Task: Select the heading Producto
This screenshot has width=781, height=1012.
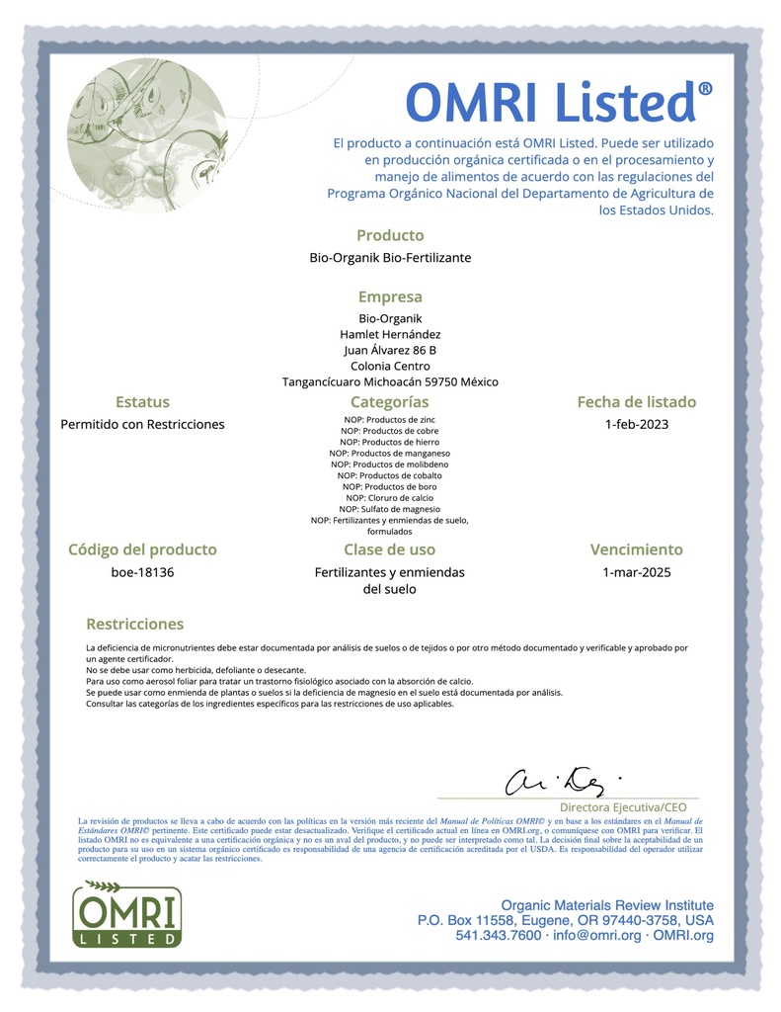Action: click(x=390, y=235)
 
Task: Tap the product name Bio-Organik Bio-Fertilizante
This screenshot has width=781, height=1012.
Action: click(x=390, y=258)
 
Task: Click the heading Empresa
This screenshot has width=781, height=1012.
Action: click(x=390, y=296)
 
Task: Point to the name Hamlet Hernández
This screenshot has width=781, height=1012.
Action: click(x=390, y=334)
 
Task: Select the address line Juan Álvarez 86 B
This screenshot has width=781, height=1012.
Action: click(x=390, y=350)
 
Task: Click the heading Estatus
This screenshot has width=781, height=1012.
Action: click(x=142, y=402)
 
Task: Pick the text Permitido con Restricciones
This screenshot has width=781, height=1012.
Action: click(x=142, y=424)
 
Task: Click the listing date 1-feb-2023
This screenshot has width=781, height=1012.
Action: click(x=636, y=424)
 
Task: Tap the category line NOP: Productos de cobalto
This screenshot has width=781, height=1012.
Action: click(x=390, y=475)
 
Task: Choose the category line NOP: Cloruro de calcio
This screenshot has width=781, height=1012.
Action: click(x=390, y=498)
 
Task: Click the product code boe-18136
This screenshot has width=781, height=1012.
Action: click(x=142, y=571)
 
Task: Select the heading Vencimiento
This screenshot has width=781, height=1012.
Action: click(x=636, y=549)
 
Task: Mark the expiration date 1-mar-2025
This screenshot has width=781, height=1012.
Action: click(x=636, y=571)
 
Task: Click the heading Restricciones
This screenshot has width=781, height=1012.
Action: click(x=135, y=624)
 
